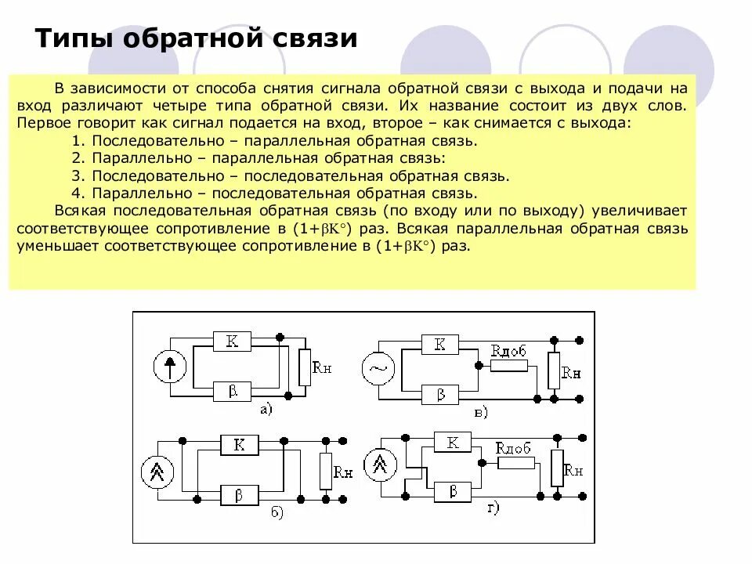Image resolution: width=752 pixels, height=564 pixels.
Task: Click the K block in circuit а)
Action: (x=231, y=341)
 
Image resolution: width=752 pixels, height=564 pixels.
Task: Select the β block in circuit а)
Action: (x=231, y=390)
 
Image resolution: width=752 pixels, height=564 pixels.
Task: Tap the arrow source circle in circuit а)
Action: (x=169, y=365)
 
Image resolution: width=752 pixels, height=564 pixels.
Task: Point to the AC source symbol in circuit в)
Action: (x=378, y=368)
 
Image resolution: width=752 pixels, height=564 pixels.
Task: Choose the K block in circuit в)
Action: (x=439, y=344)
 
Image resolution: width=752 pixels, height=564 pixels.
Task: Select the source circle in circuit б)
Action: (x=157, y=471)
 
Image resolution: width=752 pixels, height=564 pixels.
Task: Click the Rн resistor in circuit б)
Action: (x=325, y=471)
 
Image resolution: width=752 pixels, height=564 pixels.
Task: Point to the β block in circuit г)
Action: (x=451, y=492)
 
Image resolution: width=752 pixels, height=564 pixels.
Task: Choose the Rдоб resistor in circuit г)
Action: (x=516, y=462)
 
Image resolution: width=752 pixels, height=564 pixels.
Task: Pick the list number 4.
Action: (x=77, y=193)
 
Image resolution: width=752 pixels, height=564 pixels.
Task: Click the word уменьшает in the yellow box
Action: (x=45, y=246)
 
